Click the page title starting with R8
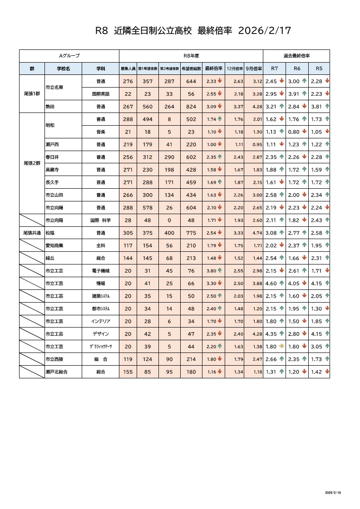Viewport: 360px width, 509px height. coord(192,31)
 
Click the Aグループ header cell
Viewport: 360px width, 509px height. coord(69,55)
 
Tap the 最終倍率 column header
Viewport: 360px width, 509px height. coord(213,69)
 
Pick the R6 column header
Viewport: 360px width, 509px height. coord(297,69)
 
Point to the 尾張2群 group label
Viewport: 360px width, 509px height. coord(32,163)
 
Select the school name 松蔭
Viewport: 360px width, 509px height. coord(50,233)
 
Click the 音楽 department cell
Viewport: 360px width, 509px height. coord(101,132)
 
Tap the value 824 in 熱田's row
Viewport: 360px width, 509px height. coord(191,107)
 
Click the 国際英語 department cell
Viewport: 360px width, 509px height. coord(101,94)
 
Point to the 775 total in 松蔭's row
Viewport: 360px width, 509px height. coord(191,233)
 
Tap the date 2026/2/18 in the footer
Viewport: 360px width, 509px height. coord(334,492)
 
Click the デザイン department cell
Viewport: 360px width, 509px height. coord(101,334)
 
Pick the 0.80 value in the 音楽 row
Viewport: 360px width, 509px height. coord(294,132)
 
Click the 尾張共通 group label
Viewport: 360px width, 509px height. coord(32,233)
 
